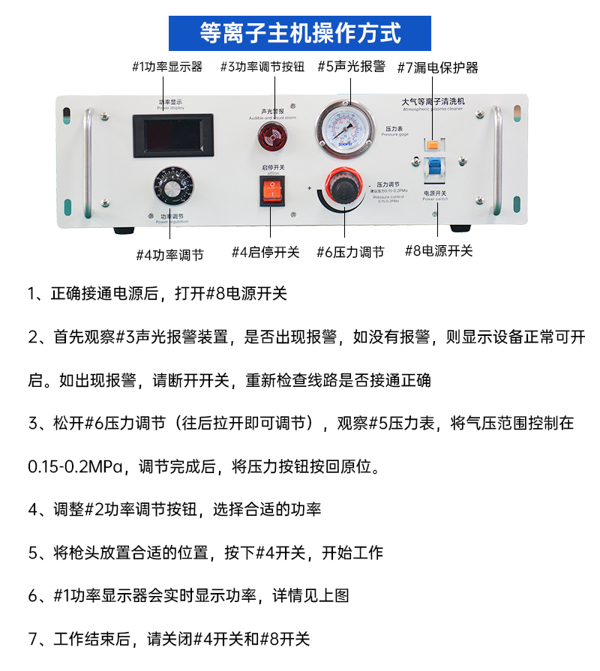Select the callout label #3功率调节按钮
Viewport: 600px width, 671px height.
tap(262, 67)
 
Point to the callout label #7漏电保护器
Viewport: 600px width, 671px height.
tap(437, 67)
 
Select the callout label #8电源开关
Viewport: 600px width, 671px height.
tap(439, 251)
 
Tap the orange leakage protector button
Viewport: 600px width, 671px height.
tap(433, 144)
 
